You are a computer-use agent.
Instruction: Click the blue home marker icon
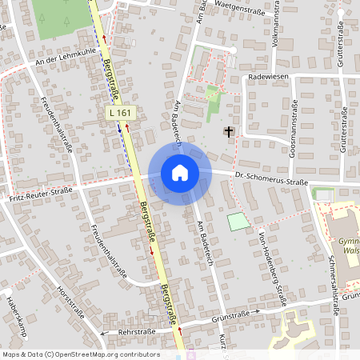[x=180, y=172]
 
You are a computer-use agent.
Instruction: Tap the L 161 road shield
[x=119, y=114]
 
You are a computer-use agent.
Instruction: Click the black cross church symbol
[x=229, y=131]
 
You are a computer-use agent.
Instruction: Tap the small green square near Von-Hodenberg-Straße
[x=238, y=222]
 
